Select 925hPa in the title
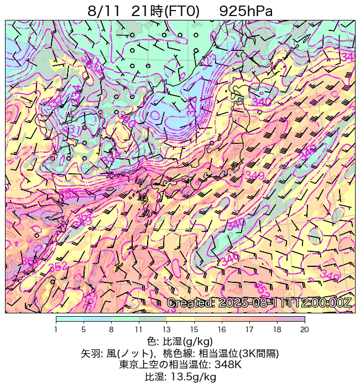(246, 11)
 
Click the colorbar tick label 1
(56, 329)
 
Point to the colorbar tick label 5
(84, 329)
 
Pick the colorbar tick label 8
(111, 329)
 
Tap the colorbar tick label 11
(139, 329)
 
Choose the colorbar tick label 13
(166, 329)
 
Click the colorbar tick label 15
(194, 329)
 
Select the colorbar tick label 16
(222, 329)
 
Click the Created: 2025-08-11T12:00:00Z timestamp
(259, 303)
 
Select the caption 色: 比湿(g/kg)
(180, 341)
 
